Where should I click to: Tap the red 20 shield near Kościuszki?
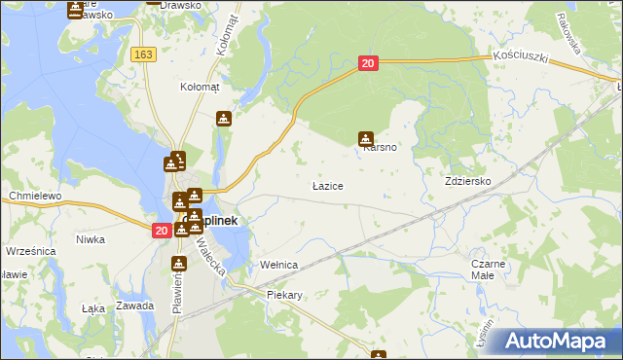point(367,63)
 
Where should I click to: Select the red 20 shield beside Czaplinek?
point(161,230)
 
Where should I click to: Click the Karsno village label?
point(379,149)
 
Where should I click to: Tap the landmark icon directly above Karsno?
point(366,138)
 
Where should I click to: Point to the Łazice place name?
point(326,184)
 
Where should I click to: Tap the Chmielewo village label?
point(35,196)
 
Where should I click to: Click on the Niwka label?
point(91,239)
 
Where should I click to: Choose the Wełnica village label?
point(277,265)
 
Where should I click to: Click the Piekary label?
point(287,294)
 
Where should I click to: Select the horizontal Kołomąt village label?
point(201,87)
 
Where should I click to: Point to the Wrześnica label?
point(29,250)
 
